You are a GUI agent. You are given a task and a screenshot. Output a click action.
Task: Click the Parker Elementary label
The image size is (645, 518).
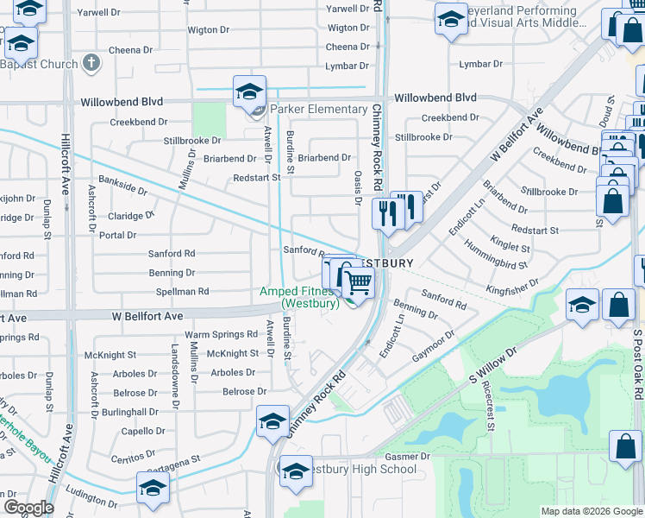pos(318,109)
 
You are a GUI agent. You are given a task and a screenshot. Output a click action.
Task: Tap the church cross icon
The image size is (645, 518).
pos(93,63)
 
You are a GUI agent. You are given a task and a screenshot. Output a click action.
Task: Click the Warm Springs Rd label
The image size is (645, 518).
pos(222,334)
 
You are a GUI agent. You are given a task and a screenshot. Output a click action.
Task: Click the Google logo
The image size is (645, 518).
pos(28,508)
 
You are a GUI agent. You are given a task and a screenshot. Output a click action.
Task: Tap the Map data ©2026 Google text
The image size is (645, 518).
pos(592,511)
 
